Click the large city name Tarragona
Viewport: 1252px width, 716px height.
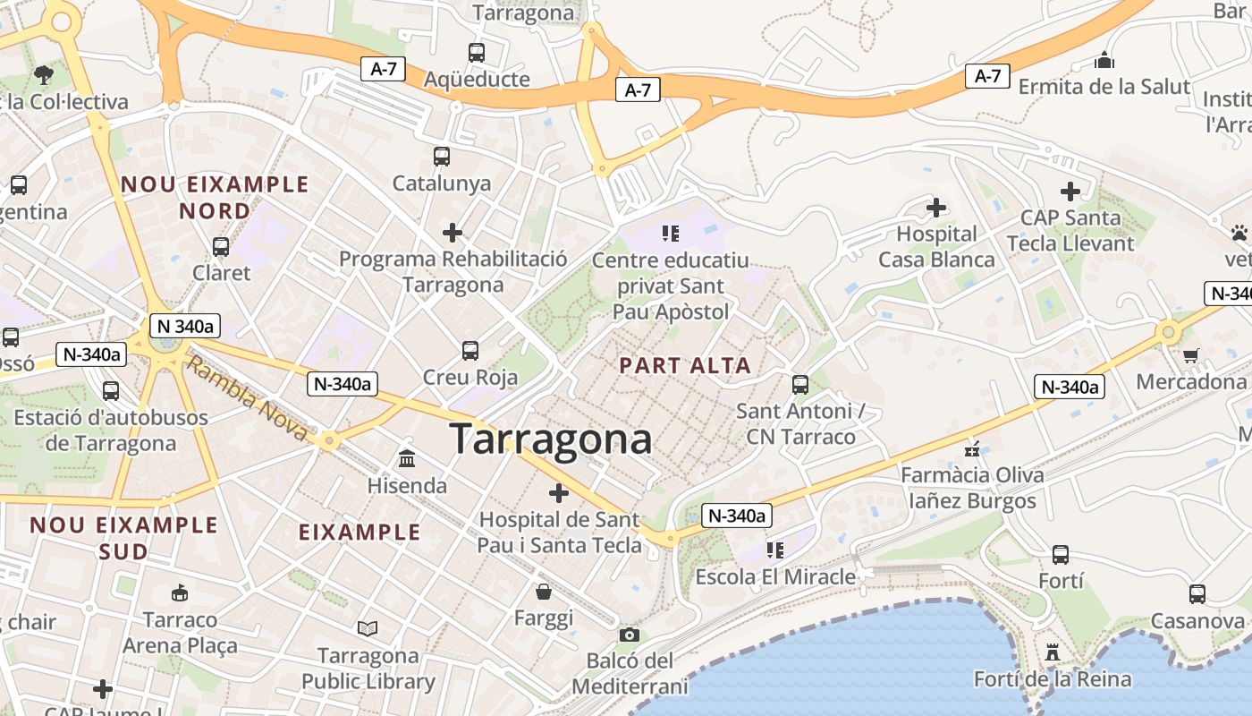[x=551, y=439]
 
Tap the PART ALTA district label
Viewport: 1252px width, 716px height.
[x=686, y=365]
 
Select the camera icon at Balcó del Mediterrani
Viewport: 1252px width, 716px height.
[x=630, y=635]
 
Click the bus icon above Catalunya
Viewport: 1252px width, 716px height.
[x=442, y=157]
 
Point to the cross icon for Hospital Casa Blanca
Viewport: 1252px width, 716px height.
[x=936, y=208]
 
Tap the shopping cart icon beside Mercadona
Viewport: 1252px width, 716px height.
[x=1190, y=355]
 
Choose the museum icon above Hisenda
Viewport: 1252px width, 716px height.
[x=407, y=459]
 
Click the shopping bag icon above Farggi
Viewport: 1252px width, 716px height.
[x=544, y=592]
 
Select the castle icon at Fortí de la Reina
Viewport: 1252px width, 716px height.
[x=1053, y=652]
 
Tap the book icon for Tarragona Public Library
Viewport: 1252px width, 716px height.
[x=368, y=628]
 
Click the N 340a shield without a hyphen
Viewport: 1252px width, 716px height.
[x=184, y=326]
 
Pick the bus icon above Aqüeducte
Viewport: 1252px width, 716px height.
[x=477, y=53]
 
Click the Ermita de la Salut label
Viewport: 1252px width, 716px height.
[x=1104, y=87]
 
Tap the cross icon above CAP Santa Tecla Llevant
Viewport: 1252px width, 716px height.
[x=1070, y=191]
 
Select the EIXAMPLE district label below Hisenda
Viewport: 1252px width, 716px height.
[x=360, y=533]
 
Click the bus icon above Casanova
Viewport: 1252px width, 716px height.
[x=1197, y=593]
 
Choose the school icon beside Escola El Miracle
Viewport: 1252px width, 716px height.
[x=774, y=550]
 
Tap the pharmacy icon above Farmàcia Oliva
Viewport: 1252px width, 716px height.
[x=972, y=448]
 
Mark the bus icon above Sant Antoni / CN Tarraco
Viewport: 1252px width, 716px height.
[x=800, y=384]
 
